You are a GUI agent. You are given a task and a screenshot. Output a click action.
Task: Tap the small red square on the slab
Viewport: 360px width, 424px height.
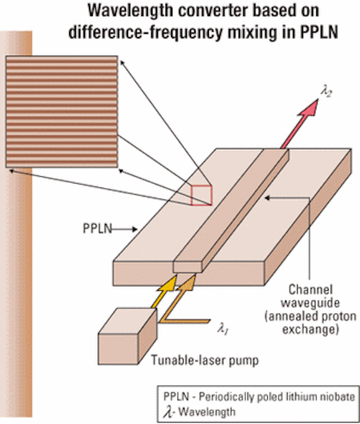pos(202,195)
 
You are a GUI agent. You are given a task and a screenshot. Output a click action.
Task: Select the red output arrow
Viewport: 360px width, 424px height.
pos(300,123)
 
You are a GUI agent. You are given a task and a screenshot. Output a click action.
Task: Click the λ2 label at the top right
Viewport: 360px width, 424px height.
pos(326,91)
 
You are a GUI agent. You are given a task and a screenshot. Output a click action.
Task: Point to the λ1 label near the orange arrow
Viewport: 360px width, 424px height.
pos(223,329)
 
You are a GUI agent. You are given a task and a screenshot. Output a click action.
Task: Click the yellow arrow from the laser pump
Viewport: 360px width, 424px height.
pos(164,293)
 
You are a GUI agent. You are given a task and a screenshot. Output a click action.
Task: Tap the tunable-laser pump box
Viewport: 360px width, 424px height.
pos(127,336)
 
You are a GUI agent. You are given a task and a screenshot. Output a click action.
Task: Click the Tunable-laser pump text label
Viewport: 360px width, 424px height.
pos(205,360)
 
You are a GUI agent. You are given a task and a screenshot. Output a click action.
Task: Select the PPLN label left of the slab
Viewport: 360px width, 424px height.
pos(97,229)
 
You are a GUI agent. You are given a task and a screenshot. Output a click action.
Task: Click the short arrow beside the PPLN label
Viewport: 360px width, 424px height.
pos(125,229)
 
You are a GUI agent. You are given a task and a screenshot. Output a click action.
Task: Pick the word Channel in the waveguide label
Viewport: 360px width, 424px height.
pos(310,290)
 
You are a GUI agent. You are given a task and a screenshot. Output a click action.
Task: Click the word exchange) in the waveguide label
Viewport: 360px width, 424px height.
pos(310,330)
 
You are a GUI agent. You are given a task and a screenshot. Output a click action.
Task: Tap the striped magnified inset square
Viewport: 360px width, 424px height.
pos(62,112)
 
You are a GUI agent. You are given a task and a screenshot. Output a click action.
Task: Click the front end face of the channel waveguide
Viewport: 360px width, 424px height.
pos(188,267)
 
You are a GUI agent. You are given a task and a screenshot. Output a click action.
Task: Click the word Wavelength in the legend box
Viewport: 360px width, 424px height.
pos(207,412)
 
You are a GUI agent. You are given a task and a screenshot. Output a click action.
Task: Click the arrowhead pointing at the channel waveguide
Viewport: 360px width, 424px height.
pos(267,198)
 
